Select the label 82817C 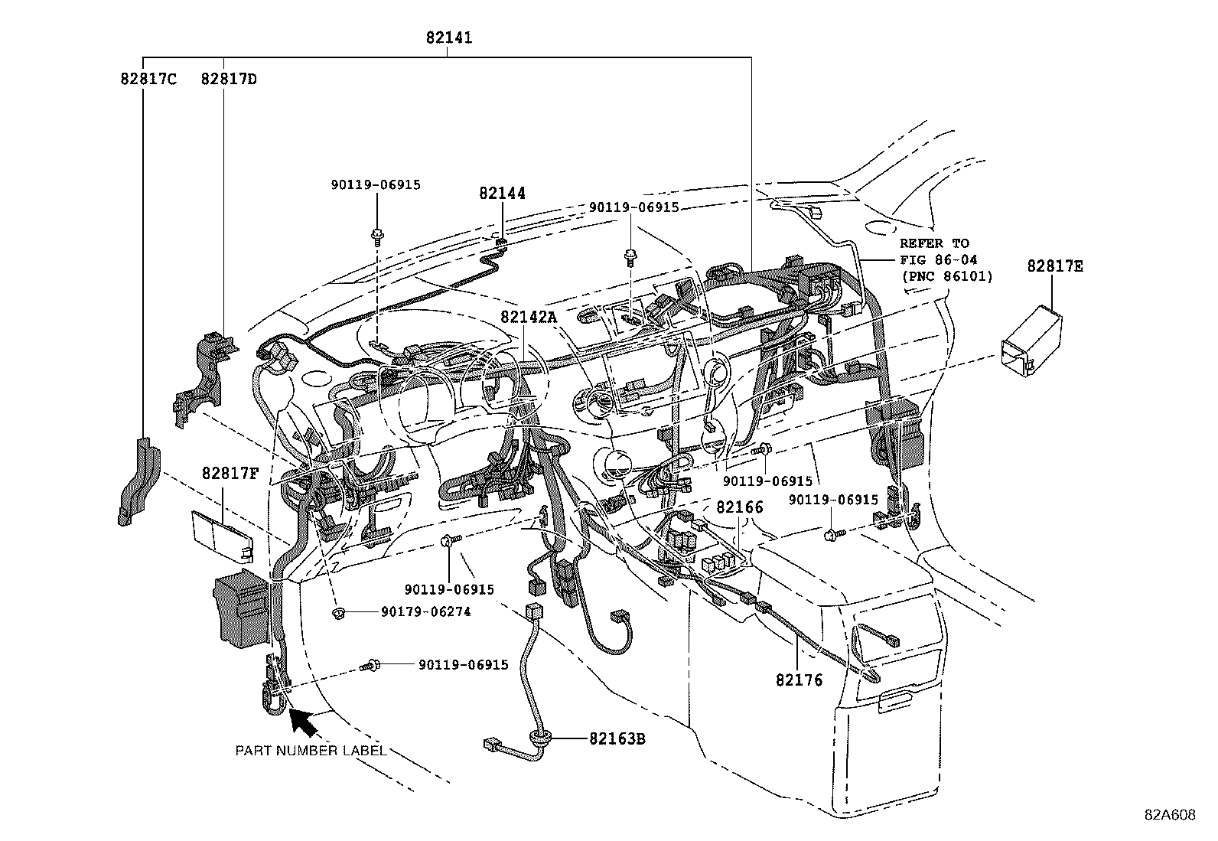(x=148, y=79)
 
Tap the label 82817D (x=229, y=79)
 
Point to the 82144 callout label (x=503, y=194)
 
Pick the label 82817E (x=1055, y=267)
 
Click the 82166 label (x=739, y=507)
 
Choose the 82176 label (x=799, y=680)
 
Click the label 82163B (x=617, y=739)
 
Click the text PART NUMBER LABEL (x=311, y=751)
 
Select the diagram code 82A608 (x=1170, y=815)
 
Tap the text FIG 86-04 (x=938, y=260)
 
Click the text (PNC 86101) (x=946, y=276)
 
